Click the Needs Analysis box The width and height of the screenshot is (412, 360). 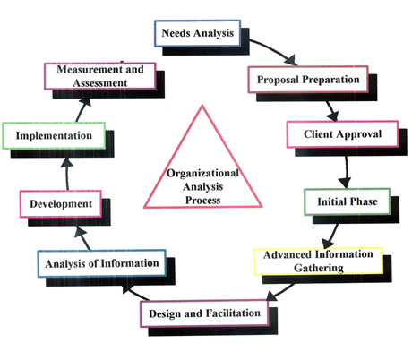tap(198, 33)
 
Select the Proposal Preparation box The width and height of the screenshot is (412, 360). tap(308, 80)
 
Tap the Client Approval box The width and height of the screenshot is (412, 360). tap(342, 134)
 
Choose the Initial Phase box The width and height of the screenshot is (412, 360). tap(348, 201)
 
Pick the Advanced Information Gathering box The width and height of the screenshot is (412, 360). tap(319, 261)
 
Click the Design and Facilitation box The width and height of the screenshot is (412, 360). tap(204, 313)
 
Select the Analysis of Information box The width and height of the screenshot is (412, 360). tap(102, 263)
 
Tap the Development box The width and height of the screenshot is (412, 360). tap(61, 204)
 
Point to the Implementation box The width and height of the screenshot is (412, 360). tap(54, 135)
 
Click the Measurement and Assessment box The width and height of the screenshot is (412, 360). tap(100, 76)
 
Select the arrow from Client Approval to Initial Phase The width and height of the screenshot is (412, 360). tap(347, 172)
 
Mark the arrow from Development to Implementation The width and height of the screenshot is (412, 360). tap(67, 174)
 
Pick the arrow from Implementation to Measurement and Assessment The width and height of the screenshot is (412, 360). tap(82, 110)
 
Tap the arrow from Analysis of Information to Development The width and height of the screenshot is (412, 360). tap(82, 238)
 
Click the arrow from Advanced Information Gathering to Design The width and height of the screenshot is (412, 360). tap(280, 292)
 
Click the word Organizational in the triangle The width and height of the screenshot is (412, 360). tap(202, 173)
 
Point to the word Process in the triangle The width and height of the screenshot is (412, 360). tap(202, 201)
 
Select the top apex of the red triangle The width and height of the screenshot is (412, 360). tap(202, 105)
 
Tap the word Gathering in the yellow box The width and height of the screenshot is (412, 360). tap(319, 268)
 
